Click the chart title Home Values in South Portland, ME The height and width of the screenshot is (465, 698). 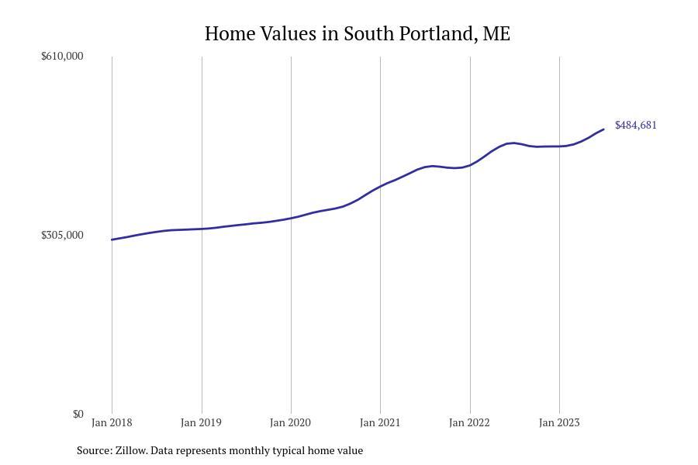358,34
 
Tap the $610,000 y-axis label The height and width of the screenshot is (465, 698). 62,56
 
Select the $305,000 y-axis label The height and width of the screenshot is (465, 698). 62,235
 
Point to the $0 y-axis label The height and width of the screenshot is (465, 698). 78,414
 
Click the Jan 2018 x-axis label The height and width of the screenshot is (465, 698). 112,422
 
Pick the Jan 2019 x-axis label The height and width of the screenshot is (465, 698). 201,422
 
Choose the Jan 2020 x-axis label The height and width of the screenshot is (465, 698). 290,422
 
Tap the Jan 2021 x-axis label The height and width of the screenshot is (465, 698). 380,422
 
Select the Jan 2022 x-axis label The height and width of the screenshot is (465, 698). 469,422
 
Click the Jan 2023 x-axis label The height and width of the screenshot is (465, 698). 558,422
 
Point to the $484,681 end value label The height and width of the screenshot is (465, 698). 636,125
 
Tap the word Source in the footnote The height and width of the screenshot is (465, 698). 94,450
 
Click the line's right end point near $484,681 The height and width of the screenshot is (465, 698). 603,129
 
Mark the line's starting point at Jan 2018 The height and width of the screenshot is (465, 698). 112,239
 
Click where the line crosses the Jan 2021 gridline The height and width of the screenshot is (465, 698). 380,186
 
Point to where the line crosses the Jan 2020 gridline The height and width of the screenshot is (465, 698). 291,218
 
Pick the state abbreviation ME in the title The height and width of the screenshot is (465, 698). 496,34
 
